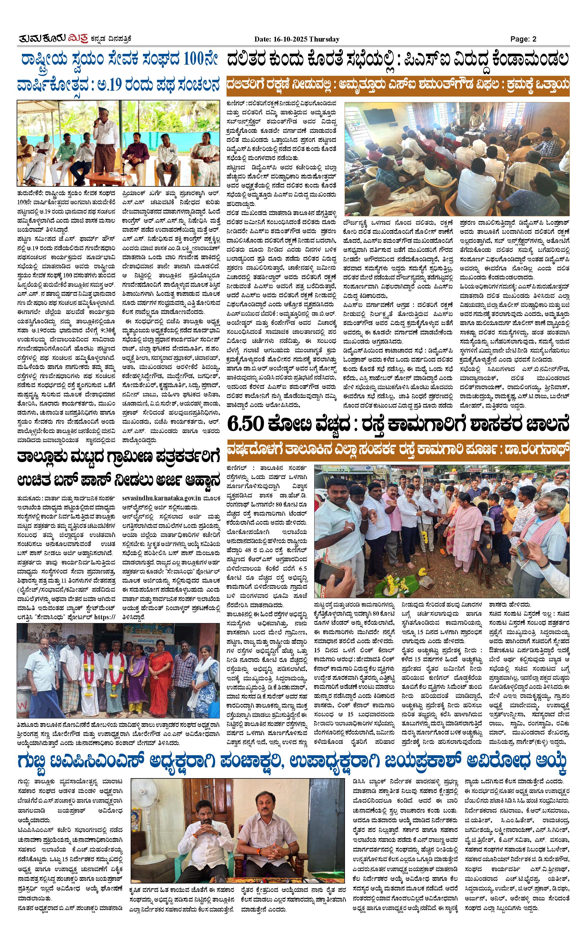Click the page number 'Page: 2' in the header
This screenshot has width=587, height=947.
point(523,39)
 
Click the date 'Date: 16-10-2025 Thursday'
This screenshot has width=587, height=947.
point(297,39)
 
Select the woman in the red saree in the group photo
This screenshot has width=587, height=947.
point(161,673)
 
